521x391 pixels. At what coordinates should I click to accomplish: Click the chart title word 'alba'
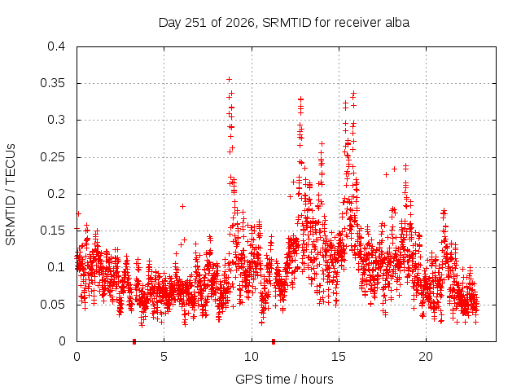click(397, 23)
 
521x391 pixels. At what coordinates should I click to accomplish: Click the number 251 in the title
click(196, 23)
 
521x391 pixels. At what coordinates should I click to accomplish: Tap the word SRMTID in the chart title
click(287, 23)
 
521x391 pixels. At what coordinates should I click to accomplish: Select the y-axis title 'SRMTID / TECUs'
click(11, 195)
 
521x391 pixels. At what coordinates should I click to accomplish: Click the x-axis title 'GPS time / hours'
click(284, 379)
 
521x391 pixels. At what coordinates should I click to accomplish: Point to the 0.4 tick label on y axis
click(56, 46)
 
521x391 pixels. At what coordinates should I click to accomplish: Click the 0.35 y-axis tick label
click(52, 83)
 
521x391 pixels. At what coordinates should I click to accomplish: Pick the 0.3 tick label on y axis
click(56, 120)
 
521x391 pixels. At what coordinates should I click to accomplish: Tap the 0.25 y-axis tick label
click(52, 157)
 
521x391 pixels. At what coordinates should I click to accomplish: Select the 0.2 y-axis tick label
click(56, 194)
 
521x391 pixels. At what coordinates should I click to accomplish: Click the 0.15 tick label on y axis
click(52, 231)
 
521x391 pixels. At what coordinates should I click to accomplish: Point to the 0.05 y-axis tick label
click(52, 304)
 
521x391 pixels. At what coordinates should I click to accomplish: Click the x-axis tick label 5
click(164, 357)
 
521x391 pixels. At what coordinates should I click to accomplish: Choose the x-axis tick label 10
click(252, 357)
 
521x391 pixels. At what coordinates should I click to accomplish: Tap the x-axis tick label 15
click(339, 357)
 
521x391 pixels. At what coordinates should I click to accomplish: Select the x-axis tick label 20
click(426, 357)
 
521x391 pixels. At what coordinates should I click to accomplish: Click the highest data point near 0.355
click(229, 80)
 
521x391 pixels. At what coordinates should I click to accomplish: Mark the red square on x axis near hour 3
click(134, 341)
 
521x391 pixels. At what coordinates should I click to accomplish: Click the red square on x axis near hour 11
click(274, 341)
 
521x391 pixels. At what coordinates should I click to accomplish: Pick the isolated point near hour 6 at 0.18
click(182, 206)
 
